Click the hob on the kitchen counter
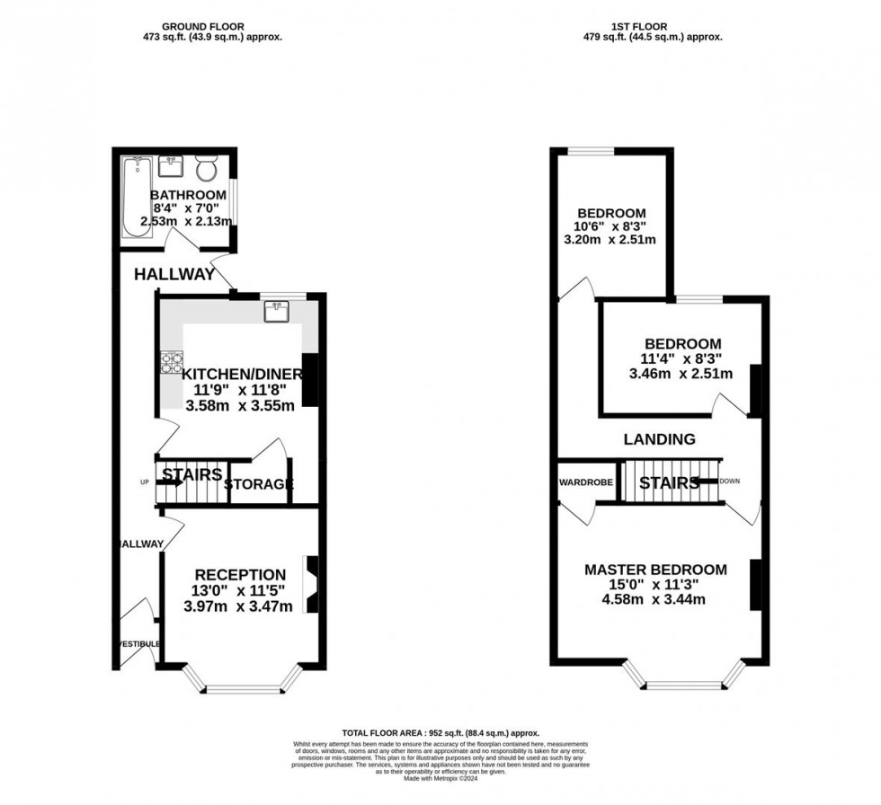click(x=171, y=362)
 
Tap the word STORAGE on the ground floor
click(x=258, y=485)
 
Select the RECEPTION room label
click(x=240, y=575)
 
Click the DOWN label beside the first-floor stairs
click(x=729, y=482)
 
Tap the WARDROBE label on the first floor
click(x=586, y=482)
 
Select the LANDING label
click(x=661, y=439)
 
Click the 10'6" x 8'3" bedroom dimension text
click(x=611, y=227)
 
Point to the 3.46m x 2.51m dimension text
click(x=682, y=374)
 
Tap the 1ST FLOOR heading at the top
click(x=653, y=26)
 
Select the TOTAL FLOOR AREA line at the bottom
click(x=440, y=733)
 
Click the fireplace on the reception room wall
click(x=311, y=585)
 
